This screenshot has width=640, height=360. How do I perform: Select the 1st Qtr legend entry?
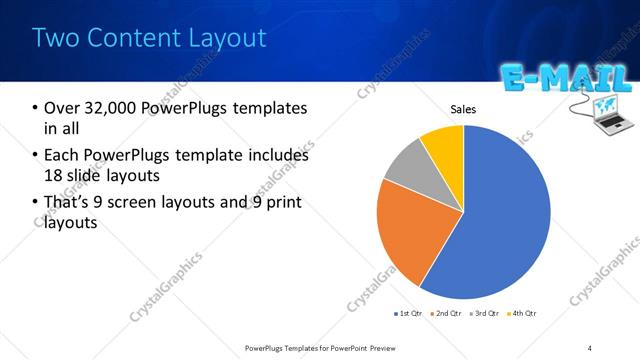pyautogui.click(x=409, y=313)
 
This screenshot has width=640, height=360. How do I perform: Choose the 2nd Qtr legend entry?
pyautogui.click(x=446, y=313)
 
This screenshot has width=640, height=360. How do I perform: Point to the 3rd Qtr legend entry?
pyautogui.click(x=484, y=313)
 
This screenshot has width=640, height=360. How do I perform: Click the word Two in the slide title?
pyautogui.click(x=54, y=38)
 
